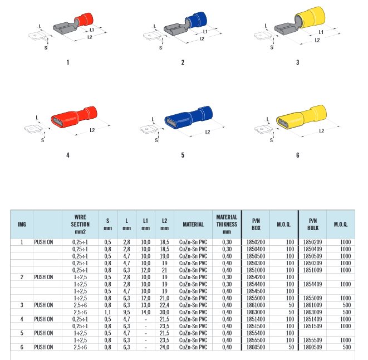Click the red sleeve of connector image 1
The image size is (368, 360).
(84, 20)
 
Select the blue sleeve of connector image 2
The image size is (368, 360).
(196, 20)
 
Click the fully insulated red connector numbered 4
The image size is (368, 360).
(74, 117)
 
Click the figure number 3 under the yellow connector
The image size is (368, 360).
(298, 62)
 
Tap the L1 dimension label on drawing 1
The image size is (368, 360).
(92, 30)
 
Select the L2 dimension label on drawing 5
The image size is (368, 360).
(208, 132)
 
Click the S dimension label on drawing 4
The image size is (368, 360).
(42, 140)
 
